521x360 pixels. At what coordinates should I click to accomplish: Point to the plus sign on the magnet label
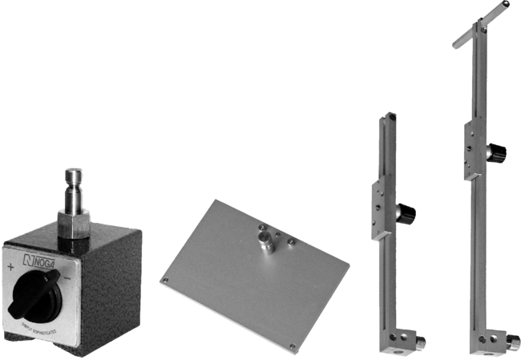pyautogui.click(x=10, y=267)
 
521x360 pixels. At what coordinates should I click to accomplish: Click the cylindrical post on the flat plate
pyautogui.click(x=262, y=241)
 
